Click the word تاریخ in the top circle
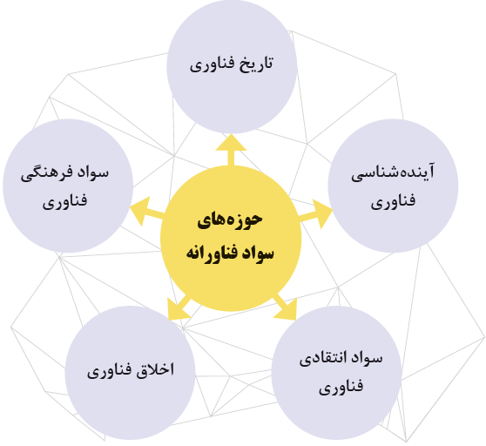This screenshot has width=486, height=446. [256, 64]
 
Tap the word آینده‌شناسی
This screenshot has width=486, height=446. [393, 172]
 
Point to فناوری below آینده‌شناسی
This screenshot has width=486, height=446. [393, 200]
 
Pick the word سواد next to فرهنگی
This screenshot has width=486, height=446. [92, 172]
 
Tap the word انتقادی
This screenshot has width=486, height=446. [320, 359]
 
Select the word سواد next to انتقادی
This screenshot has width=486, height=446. [367, 358]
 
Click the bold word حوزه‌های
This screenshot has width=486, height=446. [230, 220]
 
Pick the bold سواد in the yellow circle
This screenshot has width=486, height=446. [257, 253]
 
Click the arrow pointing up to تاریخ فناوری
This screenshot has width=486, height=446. [231, 150]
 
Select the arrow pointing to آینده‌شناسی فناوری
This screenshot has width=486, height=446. [315, 214]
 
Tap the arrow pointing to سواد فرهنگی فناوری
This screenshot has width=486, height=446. [146, 211]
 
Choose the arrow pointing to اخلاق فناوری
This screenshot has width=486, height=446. [179, 307]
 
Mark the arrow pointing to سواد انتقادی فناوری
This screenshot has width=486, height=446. [285, 307]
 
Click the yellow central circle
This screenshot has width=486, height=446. [231, 239]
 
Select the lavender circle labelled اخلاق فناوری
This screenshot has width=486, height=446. [130, 373]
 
